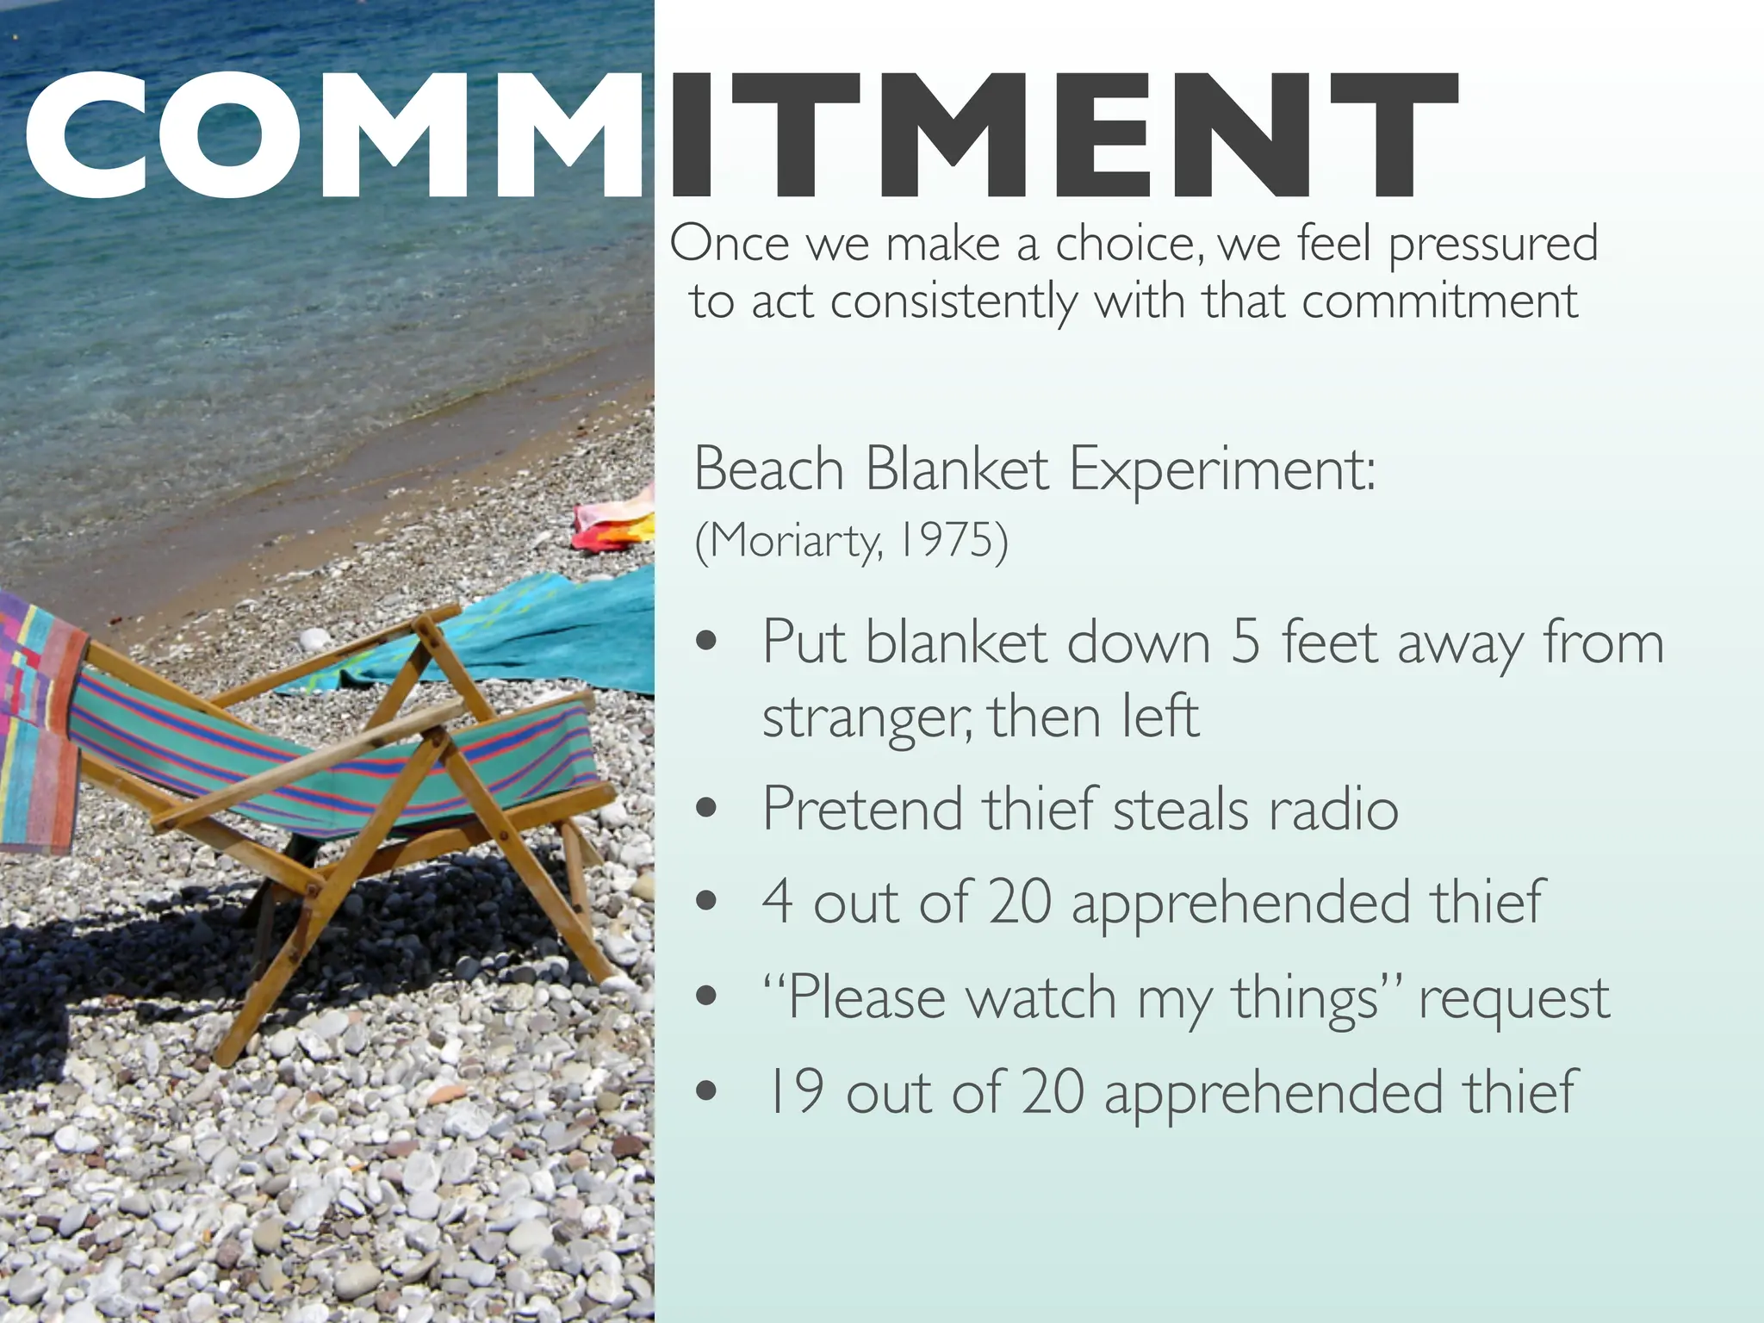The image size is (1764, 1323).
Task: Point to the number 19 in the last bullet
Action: point(794,1092)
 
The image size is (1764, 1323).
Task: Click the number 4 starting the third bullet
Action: point(777,902)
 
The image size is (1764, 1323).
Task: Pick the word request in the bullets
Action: point(1513,999)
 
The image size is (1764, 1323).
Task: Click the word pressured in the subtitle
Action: point(1493,244)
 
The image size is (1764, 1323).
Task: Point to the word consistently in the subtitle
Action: point(953,302)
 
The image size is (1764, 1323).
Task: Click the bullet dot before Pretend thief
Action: point(706,809)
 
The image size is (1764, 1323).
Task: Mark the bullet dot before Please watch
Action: point(706,997)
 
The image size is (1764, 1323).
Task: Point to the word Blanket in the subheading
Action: point(956,470)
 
